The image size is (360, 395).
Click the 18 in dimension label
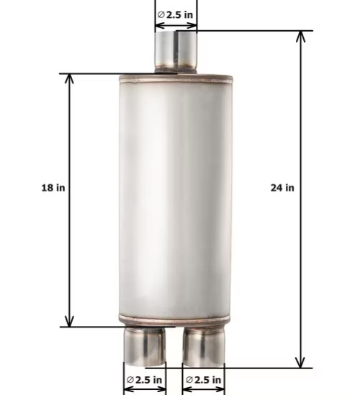[x=53, y=188]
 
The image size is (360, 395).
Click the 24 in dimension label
[x=282, y=188]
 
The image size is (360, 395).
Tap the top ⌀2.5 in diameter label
[x=176, y=14]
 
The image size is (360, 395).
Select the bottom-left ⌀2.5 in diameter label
[x=145, y=379]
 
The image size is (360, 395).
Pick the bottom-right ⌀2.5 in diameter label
[x=204, y=379]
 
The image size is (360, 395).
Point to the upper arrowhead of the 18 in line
[x=70, y=78]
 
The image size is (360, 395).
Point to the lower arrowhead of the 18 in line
[x=70, y=322]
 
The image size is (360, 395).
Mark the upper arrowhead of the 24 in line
[x=302, y=37]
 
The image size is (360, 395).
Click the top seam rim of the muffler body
[x=176, y=76]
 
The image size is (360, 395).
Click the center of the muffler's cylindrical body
[x=176, y=198]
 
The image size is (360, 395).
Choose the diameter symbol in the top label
[x=161, y=14]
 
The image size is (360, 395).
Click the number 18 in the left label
[x=46, y=188]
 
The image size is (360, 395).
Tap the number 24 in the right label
[x=276, y=188]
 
